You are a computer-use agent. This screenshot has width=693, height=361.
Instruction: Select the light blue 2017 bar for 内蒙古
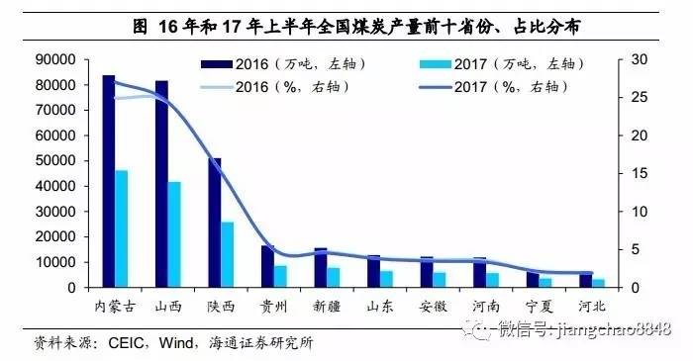[122, 228]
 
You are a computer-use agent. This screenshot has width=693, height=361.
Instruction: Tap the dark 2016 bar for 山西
[161, 184]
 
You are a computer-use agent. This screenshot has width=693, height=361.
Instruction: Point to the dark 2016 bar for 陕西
[215, 223]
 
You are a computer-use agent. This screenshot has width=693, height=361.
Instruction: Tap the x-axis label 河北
[592, 305]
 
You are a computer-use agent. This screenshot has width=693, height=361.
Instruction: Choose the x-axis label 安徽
[433, 305]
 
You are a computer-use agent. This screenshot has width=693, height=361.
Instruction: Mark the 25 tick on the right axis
[638, 97]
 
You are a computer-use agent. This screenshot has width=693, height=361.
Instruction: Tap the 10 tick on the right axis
[638, 212]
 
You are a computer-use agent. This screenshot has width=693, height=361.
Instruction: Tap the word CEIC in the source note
[116, 343]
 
